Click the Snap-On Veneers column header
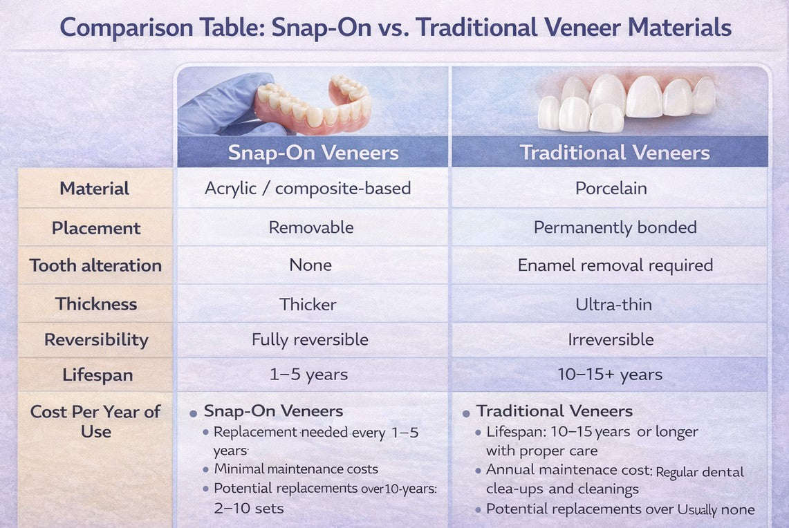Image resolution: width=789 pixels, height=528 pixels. [313, 152]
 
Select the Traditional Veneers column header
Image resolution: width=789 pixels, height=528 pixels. [614, 152]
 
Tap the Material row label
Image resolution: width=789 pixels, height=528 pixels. [94, 189]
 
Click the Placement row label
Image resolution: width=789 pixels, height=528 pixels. [95, 228]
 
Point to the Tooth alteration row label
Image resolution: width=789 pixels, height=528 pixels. [95, 265]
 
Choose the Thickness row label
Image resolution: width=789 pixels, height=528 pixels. [96, 303]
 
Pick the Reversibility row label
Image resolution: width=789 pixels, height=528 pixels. [96, 340]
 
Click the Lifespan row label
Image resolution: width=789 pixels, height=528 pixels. [98, 375]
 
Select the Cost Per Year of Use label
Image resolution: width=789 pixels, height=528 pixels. [95, 422]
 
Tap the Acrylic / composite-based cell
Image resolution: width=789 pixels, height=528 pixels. [308, 189]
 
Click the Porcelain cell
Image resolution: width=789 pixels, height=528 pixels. [611, 189]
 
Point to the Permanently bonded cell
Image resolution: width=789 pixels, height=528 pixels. [615, 228]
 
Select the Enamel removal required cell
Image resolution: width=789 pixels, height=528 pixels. [615, 265]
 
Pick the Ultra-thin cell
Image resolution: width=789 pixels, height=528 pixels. [613, 304]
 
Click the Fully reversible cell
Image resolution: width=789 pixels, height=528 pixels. [310, 340]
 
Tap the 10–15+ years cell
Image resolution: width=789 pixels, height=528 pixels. [610, 375]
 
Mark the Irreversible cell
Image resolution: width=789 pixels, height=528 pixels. [611, 339]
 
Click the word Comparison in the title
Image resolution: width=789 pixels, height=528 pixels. [127, 28]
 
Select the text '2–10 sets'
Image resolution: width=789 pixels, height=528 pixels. [248, 508]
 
